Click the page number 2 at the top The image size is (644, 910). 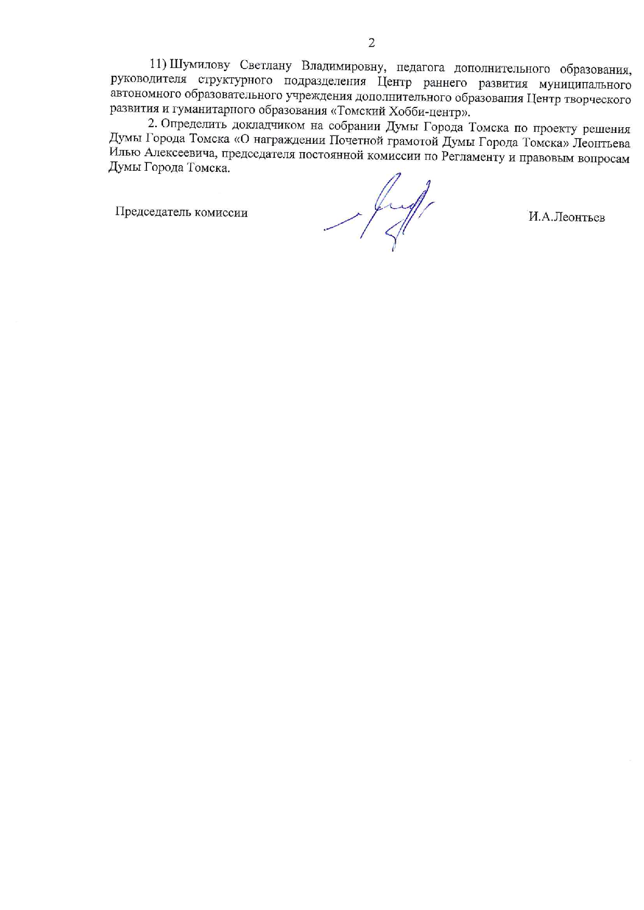tap(371, 43)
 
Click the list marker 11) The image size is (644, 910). tap(157, 64)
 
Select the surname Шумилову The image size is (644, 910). tap(200, 65)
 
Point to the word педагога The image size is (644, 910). tap(421, 67)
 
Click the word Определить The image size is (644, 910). tap(192, 124)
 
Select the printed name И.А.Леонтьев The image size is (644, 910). tap(567, 217)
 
